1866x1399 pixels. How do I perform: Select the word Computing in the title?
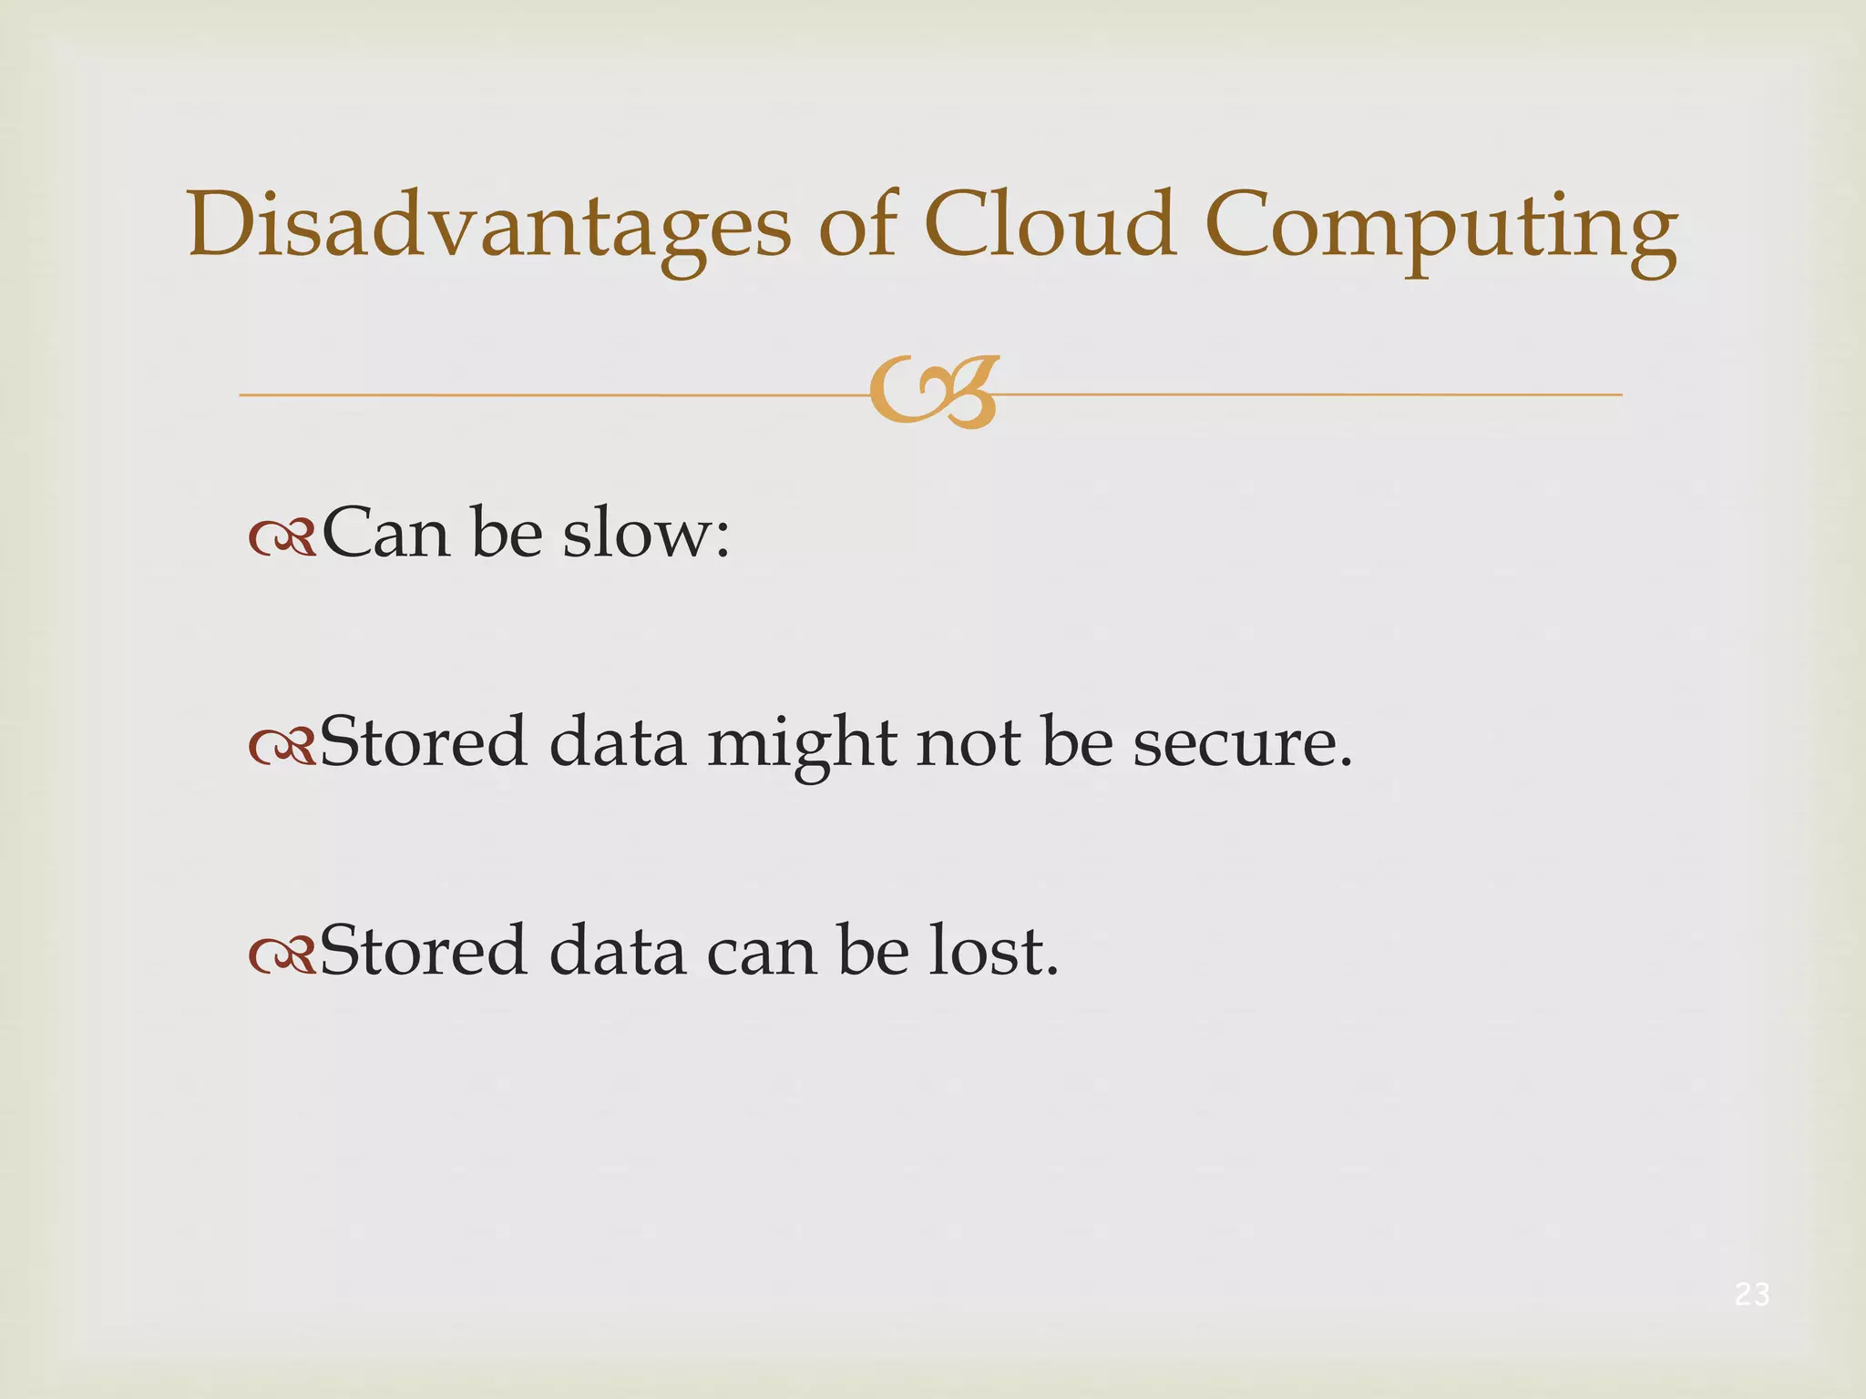tap(1441, 228)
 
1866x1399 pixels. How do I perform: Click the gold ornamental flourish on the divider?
tap(934, 393)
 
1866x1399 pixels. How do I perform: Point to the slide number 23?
tap(1752, 1294)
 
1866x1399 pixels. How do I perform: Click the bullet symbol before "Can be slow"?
tap(282, 539)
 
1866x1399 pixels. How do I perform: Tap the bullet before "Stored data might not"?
tap(282, 748)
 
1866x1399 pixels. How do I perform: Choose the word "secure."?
tap(1243, 743)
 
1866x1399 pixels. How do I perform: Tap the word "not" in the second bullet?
tap(969, 743)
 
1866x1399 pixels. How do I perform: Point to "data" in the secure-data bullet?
tap(617, 743)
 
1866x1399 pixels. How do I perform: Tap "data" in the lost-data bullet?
tap(617, 952)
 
